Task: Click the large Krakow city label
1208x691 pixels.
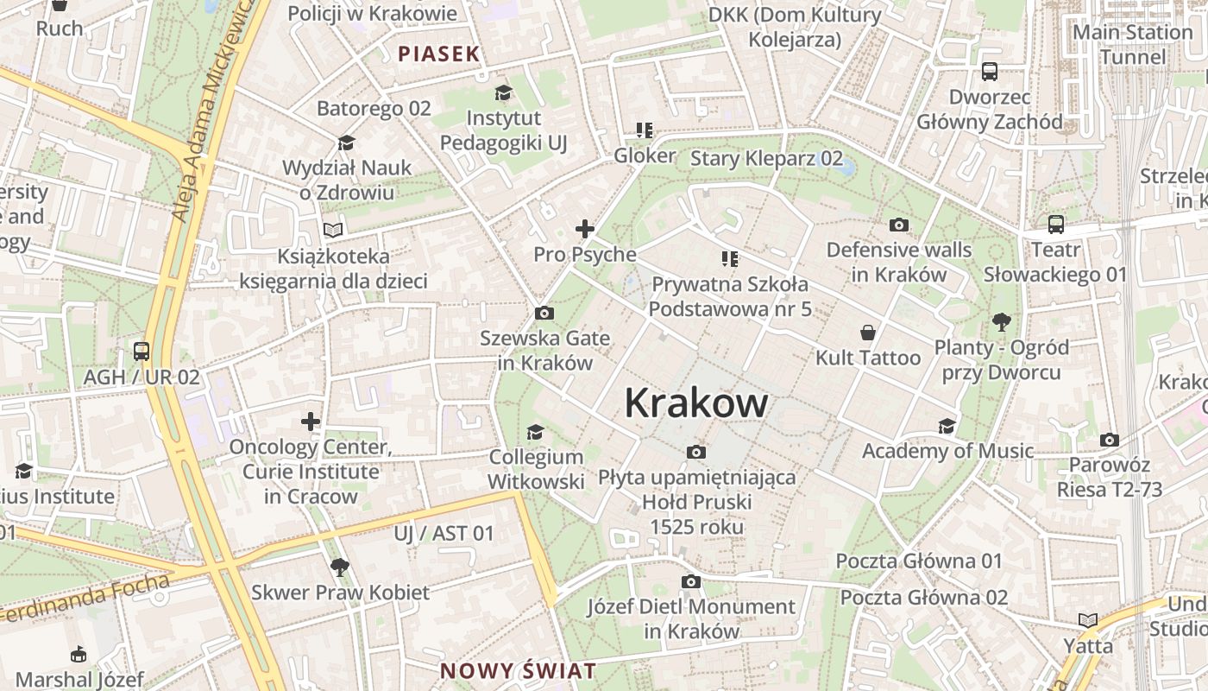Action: click(x=695, y=403)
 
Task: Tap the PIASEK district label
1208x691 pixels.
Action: click(x=438, y=54)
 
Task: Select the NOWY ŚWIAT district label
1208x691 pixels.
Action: click(x=518, y=671)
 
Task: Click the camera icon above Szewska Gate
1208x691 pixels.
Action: click(x=544, y=313)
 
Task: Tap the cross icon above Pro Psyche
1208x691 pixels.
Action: click(x=585, y=229)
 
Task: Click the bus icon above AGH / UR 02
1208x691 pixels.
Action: click(x=142, y=352)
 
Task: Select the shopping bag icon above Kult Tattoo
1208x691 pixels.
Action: click(x=868, y=333)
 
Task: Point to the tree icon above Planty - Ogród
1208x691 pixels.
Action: click(x=1001, y=322)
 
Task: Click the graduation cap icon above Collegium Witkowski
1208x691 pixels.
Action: click(x=536, y=431)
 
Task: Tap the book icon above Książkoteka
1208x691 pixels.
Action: click(x=333, y=230)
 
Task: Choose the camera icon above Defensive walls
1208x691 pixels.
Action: click(x=899, y=225)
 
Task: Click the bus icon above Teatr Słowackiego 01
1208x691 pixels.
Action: click(x=1055, y=225)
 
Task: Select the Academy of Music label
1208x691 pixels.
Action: click(x=947, y=451)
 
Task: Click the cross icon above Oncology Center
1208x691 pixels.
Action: click(x=311, y=422)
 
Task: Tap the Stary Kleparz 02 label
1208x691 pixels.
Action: click(x=766, y=158)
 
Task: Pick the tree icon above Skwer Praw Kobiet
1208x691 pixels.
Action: click(x=340, y=567)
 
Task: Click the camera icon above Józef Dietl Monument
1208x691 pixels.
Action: click(x=691, y=581)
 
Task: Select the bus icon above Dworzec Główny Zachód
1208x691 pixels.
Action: click(x=990, y=72)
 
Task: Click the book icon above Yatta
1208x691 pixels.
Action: click(x=1088, y=620)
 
